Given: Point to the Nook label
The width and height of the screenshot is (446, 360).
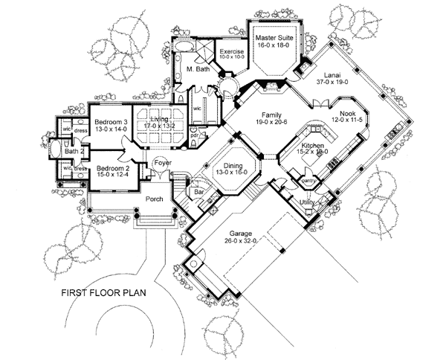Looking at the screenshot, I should (x=349, y=112).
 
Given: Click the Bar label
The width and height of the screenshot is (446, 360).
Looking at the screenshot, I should (x=198, y=191).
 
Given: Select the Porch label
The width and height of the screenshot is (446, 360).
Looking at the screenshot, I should (x=154, y=199).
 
